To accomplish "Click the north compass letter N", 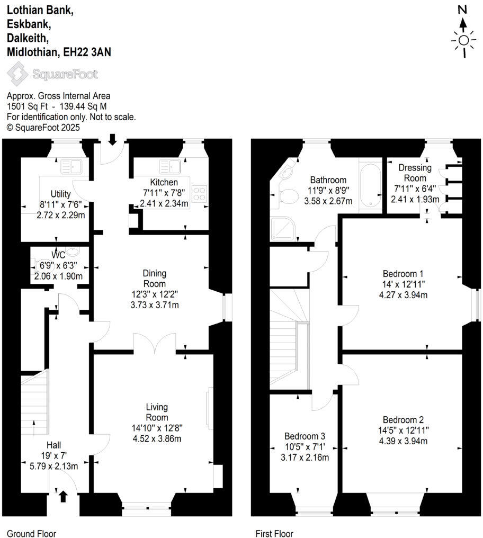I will [463, 9].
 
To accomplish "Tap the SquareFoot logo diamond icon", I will [17, 74].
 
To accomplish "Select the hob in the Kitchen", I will [201, 193].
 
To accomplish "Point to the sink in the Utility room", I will [69, 167].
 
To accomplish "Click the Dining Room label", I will [155, 279].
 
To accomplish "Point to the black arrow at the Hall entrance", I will [63, 496].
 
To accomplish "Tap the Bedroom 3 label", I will [305, 436].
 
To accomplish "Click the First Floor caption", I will [274, 533].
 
